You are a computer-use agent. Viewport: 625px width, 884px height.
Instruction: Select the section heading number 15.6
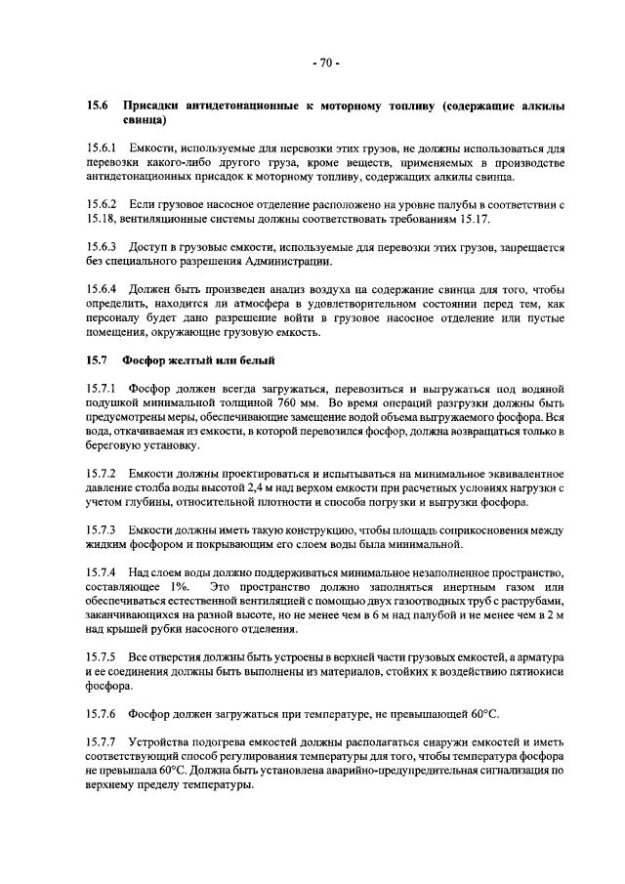click(98, 105)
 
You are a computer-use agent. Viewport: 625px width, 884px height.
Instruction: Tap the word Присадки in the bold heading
click(158, 105)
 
